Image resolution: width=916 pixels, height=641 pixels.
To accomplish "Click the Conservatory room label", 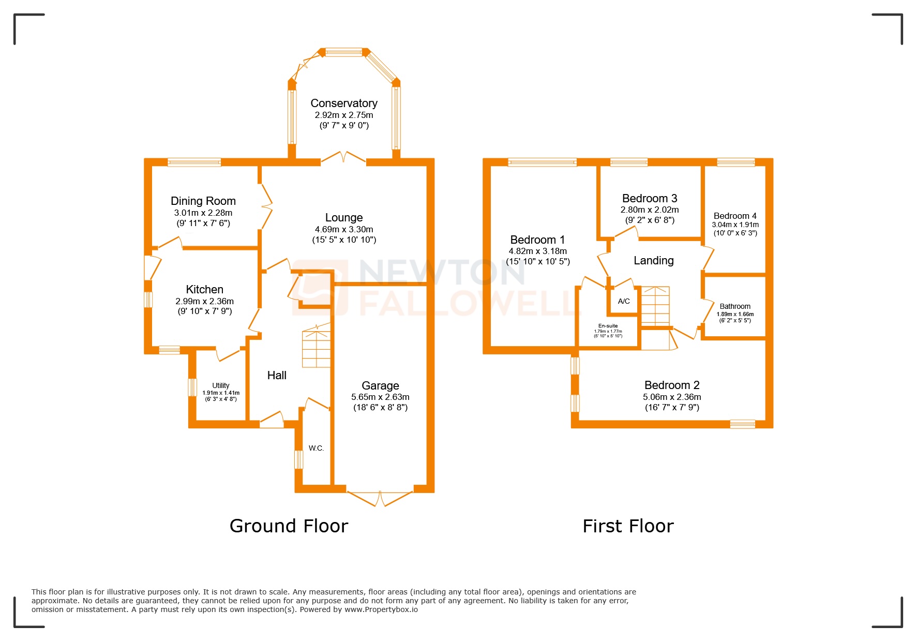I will [x=343, y=103].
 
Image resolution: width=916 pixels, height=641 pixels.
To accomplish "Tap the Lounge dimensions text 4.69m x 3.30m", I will [x=343, y=229].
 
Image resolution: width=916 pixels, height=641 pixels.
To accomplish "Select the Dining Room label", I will [x=203, y=201].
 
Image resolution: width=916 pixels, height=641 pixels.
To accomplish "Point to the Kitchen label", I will [x=204, y=289].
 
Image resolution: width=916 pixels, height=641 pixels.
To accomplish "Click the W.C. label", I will [x=316, y=448].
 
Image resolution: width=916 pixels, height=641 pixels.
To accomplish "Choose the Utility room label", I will [x=220, y=385].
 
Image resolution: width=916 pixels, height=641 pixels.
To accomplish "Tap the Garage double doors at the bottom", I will [x=380, y=498].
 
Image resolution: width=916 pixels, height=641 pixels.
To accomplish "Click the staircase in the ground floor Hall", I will [x=316, y=348].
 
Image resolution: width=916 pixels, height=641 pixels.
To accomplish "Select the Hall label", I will [x=277, y=376].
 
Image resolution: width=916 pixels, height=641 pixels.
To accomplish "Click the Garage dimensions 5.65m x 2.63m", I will [x=380, y=397].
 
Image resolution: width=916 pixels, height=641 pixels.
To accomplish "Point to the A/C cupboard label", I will [x=624, y=301].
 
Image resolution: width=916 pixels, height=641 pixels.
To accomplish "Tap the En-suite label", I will [x=608, y=326].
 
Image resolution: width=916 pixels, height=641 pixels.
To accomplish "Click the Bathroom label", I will [x=734, y=306].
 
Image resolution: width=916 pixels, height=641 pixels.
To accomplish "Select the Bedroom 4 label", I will [x=734, y=216].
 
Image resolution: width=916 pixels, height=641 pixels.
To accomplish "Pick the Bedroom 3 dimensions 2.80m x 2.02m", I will [x=650, y=210].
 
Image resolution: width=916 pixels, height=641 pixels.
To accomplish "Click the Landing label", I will [x=653, y=261].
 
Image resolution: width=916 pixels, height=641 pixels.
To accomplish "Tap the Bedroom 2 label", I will [x=671, y=385].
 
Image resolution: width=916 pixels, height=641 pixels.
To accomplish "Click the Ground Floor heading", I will [x=289, y=526].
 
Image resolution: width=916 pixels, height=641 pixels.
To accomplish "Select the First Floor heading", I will [x=627, y=526].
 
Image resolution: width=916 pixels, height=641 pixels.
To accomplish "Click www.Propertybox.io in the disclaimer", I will [x=381, y=610].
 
